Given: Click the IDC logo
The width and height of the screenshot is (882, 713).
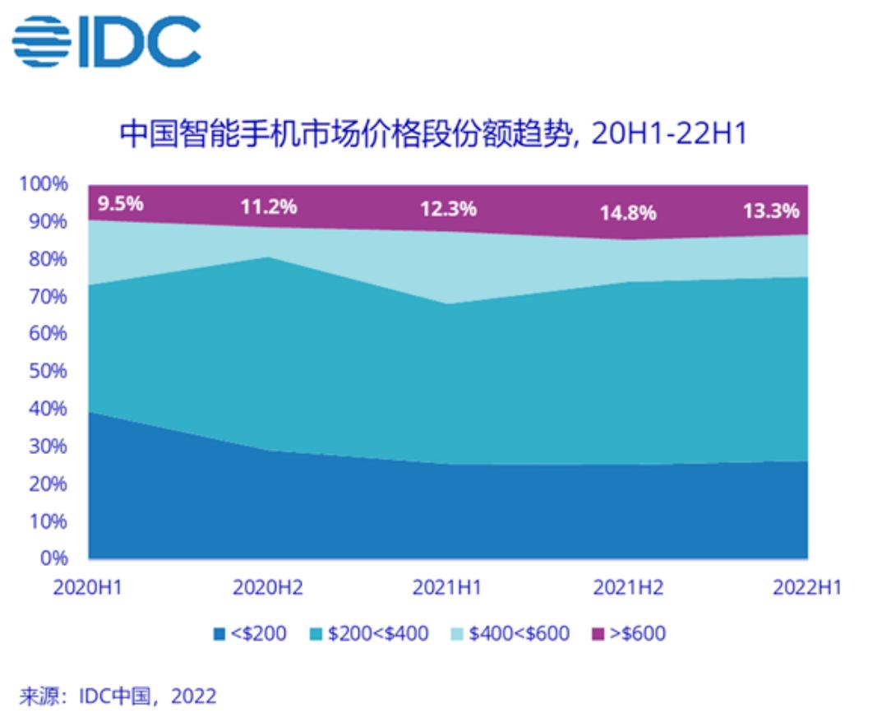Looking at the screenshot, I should (x=108, y=41).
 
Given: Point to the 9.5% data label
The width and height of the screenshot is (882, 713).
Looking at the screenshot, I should (x=121, y=203).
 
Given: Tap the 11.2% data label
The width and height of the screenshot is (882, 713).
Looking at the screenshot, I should (x=269, y=206).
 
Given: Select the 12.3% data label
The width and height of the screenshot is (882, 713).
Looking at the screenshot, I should (x=448, y=209).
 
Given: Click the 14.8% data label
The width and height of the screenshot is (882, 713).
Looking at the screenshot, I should (x=628, y=214).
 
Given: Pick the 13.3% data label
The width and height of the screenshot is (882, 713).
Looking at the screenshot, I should (x=770, y=211).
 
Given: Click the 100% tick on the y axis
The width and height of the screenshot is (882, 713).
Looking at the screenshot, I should (x=44, y=184).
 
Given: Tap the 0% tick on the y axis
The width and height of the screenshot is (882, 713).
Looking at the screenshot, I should (x=54, y=558).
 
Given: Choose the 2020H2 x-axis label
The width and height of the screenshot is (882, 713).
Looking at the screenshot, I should (x=268, y=589).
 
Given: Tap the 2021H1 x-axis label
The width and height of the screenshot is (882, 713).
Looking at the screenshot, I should (x=448, y=589).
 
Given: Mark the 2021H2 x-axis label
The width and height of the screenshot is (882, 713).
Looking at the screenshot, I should (x=628, y=589).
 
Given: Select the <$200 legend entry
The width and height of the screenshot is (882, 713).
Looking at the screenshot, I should (x=250, y=634).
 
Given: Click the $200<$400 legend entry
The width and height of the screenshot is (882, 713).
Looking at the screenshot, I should (x=369, y=634).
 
